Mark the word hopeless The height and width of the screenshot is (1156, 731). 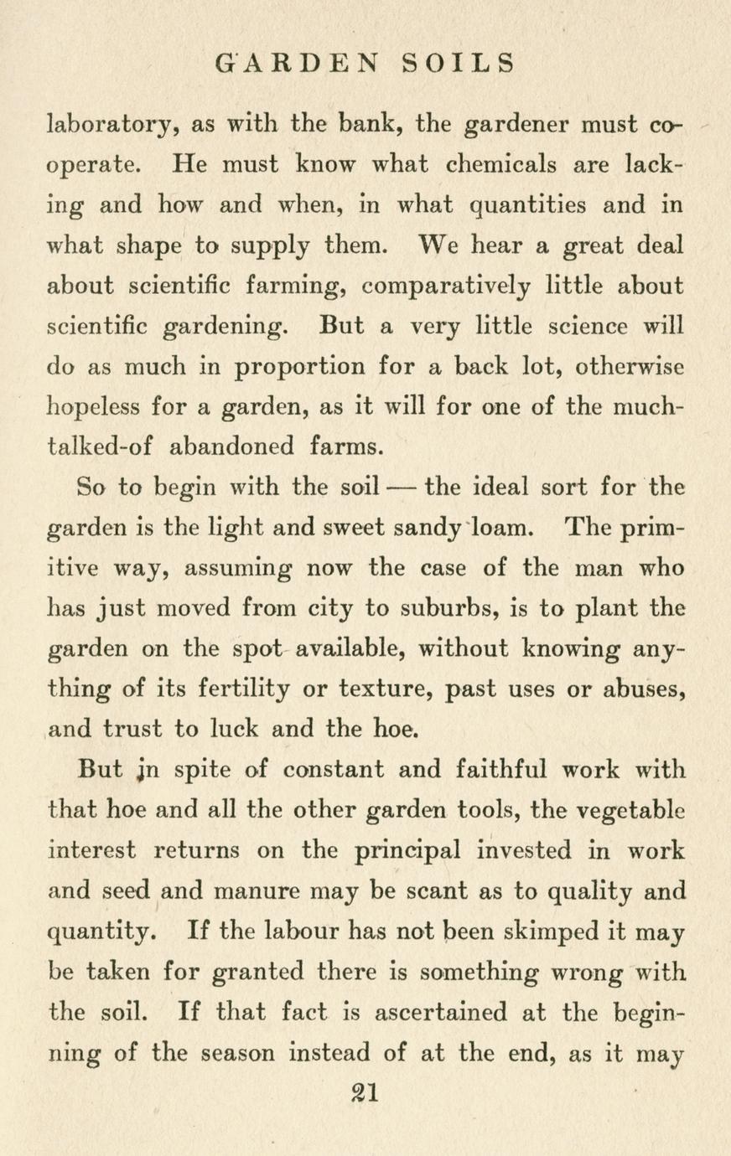point(95,409)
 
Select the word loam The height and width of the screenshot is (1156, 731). point(501,529)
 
